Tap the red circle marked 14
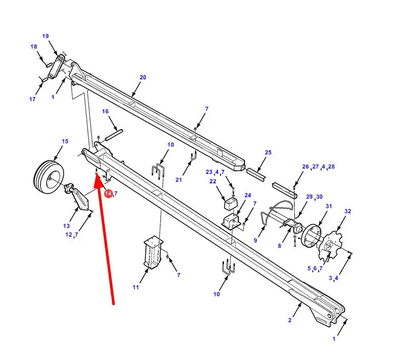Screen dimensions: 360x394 tap(108, 194)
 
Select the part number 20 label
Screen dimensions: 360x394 tap(142, 77)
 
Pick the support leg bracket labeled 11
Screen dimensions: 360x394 tap(152, 253)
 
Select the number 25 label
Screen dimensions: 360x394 tap(268, 152)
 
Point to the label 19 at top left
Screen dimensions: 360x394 tap(45, 36)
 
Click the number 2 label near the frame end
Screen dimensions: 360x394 tap(290, 320)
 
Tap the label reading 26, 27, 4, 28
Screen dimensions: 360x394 tap(318, 167)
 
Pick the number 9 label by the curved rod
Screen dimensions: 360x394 tap(255, 240)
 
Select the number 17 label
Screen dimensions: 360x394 tap(32, 99)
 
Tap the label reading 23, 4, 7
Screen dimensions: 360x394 tap(215, 172)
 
